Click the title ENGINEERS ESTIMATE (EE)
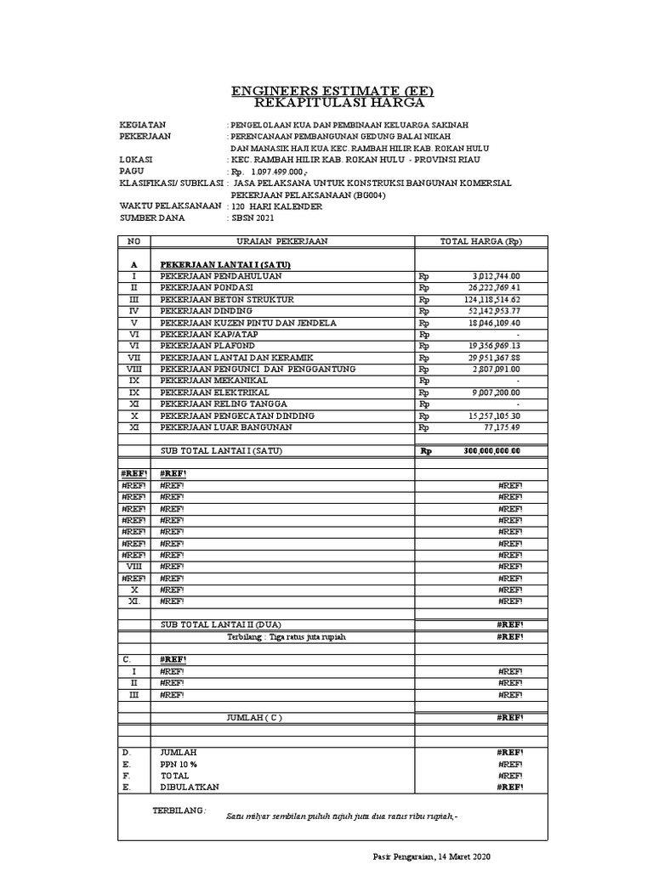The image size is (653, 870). click(326, 91)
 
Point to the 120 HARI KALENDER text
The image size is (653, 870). click(277, 206)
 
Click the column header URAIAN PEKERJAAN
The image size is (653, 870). click(281, 241)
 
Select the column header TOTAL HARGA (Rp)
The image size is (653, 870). click(480, 241)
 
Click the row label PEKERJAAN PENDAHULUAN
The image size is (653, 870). click(221, 276)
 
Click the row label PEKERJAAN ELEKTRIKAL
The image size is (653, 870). click(214, 393)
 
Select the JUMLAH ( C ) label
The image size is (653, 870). click(253, 717)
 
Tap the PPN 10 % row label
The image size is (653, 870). click(179, 765)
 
